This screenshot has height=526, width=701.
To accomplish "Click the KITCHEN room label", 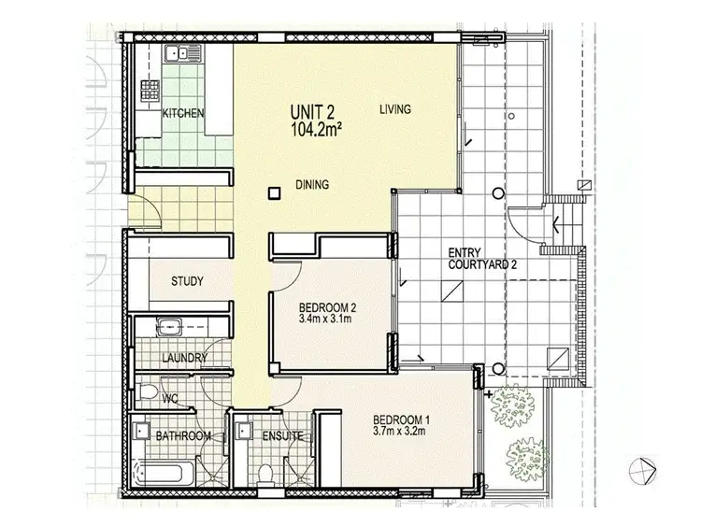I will [x=184, y=114].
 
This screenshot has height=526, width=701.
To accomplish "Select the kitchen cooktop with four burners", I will [x=149, y=91].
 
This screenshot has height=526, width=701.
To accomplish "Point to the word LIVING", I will [x=394, y=110].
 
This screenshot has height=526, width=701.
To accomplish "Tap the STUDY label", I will [x=187, y=281].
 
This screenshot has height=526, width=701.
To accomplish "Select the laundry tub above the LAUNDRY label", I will [x=169, y=327].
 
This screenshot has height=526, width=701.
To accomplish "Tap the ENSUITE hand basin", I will [x=244, y=430].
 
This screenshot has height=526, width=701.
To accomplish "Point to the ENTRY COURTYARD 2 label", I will [x=481, y=259].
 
